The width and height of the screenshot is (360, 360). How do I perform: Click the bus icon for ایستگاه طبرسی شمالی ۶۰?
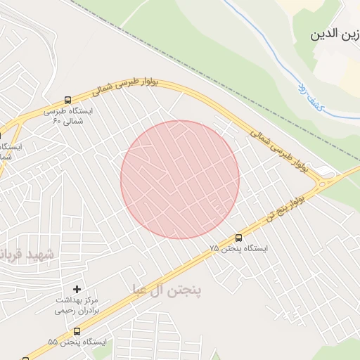click(67, 100)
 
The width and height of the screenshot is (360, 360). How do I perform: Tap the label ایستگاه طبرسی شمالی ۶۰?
click(68, 116)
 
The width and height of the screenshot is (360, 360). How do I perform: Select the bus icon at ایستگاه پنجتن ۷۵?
click(238, 238)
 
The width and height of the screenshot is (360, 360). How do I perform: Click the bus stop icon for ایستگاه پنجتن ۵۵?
click(77, 330)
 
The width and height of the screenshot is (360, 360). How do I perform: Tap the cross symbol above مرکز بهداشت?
click(77, 289)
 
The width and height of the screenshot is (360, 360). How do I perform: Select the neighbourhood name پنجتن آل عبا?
click(167, 290)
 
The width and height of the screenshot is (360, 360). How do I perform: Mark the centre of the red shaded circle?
click(180, 179)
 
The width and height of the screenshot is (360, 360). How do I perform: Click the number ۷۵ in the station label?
click(214, 249)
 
